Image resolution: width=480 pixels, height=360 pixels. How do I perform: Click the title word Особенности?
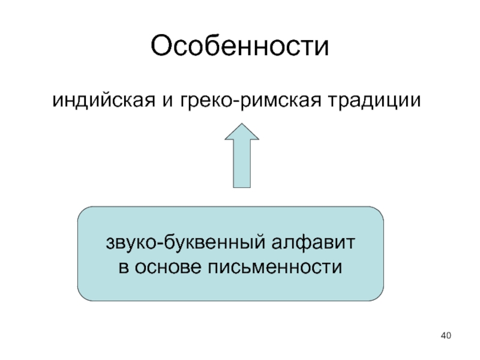(240, 46)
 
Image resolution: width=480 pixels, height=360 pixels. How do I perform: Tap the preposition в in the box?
(122, 265)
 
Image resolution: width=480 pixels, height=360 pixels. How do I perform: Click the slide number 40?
(445, 335)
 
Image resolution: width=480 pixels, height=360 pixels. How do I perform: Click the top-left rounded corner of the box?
(84, 214)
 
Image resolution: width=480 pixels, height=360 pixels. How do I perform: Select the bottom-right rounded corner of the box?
(377, 294)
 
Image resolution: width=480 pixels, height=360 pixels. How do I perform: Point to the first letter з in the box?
(110, 244)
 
